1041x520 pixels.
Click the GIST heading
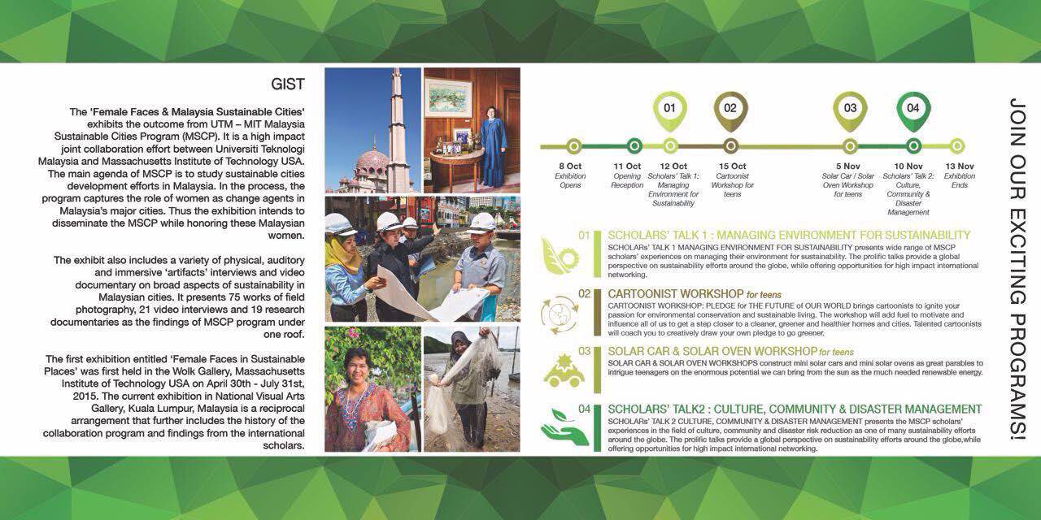point(288,84)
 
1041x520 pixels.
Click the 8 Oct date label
point(570,166)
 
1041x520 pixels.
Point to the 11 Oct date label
point(627,166)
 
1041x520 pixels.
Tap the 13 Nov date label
point(960,166)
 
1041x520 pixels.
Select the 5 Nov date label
point(847,166)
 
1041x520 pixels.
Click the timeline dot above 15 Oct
point(730,146)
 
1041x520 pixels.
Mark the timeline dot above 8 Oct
point(574,146)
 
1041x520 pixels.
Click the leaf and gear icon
point(560,253)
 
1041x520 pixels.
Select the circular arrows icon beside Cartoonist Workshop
point(560,314)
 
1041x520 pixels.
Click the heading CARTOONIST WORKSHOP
point(676,293)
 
